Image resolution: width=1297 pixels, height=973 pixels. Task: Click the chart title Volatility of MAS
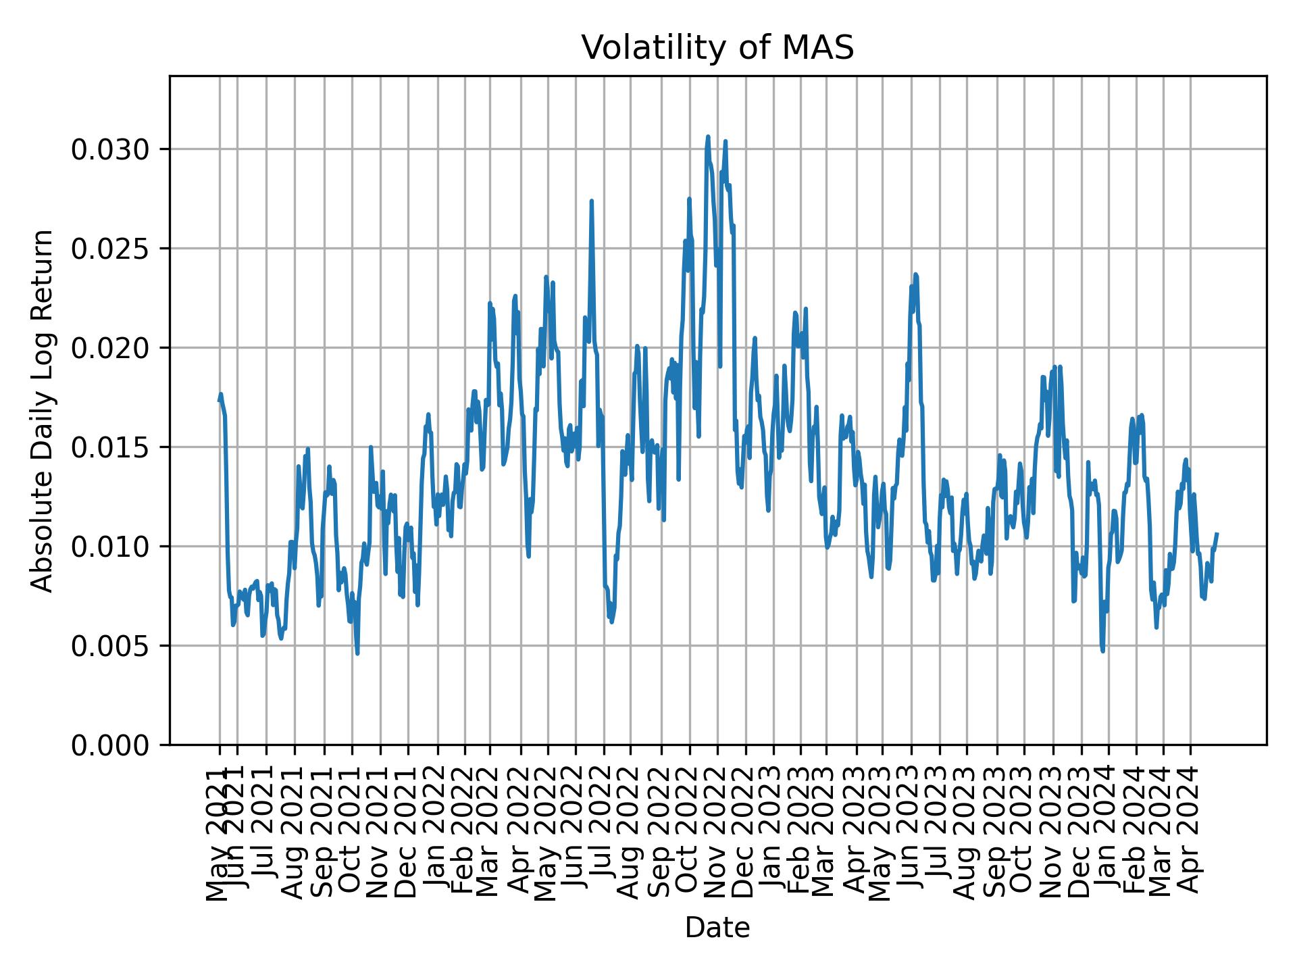coord(717,48)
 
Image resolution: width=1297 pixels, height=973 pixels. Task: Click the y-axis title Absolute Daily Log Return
coord(43,410)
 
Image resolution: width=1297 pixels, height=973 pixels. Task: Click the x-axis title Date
coord(717,928)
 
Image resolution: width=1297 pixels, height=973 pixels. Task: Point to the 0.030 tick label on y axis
coord(110,149)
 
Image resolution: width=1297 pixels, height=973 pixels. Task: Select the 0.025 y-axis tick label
coord(110,249)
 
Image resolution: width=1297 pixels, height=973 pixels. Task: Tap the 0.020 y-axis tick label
coord(110,348)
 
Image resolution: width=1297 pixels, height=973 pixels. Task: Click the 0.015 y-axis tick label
coord(110,447)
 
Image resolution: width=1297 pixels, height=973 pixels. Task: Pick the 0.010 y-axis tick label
coord(110,547)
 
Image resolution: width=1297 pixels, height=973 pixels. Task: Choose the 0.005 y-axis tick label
coord(110,646)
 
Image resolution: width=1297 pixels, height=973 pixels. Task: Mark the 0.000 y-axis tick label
coord(110,745)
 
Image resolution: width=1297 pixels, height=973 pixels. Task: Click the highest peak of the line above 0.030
coord(708,136)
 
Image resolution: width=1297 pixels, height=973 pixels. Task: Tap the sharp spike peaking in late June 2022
coord(591,201)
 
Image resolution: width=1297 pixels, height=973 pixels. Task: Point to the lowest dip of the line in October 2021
coord(357,653)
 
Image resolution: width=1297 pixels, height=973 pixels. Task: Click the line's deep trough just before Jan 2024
coord(1102,651)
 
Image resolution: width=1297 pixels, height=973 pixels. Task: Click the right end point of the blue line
coord(1217,534)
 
